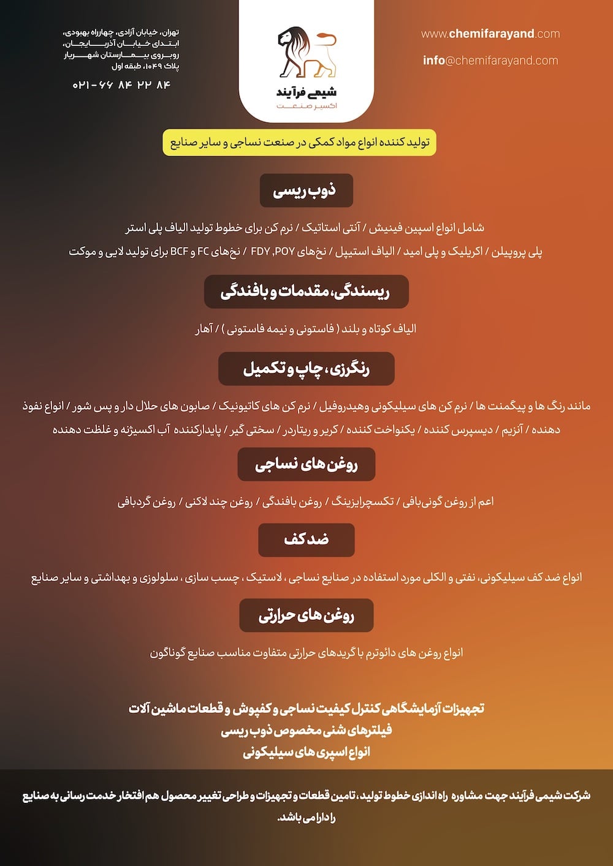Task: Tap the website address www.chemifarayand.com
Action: coord(490,34)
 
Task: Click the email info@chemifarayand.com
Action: coord(490,61)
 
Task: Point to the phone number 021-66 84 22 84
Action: coord(121,85)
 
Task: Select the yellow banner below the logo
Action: coord(299,143)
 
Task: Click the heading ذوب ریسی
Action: coord(306,190)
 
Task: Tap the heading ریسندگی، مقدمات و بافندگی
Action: coord(306,292)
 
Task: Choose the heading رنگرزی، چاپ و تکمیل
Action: coord(306,369)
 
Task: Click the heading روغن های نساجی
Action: coord(306,464)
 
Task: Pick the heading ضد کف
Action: coord(306,540)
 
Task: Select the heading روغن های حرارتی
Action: coord(306,615)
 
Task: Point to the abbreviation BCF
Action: coord(179,251)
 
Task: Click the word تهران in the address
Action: coord(168,32)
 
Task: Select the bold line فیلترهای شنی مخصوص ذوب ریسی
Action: coord(306,730)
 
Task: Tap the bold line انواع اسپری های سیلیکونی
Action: coord(306,752)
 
